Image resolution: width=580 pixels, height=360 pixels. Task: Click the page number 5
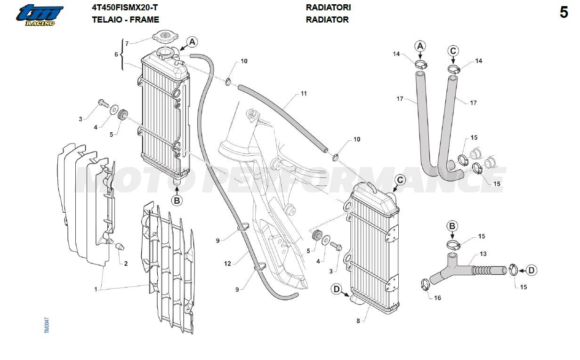coord(564,13)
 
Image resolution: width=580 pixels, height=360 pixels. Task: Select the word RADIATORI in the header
coord(328,8)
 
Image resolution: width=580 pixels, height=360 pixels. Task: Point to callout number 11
coord(304,94)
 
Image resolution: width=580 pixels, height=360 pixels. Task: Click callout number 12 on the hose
coord(228,264)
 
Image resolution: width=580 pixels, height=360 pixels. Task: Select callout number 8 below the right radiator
coord(358,321)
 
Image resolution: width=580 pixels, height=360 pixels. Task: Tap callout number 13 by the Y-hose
coord(483,254)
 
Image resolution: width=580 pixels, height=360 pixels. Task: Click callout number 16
coord(437,298)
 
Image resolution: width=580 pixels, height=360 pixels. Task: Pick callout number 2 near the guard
coord(126,264)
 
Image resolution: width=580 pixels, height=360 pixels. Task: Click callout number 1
coord(96,289)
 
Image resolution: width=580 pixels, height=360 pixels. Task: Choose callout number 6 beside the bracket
coord(116,55)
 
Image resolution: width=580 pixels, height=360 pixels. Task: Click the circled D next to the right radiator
coord(337,289)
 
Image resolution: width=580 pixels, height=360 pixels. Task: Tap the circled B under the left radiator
coord(177,200)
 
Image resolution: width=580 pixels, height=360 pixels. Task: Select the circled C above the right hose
coord(452,51)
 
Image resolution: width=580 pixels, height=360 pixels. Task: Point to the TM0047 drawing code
coord(47,325)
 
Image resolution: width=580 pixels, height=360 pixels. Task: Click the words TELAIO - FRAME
coord(125,20)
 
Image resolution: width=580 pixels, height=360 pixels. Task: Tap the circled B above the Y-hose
coord(452,226)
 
